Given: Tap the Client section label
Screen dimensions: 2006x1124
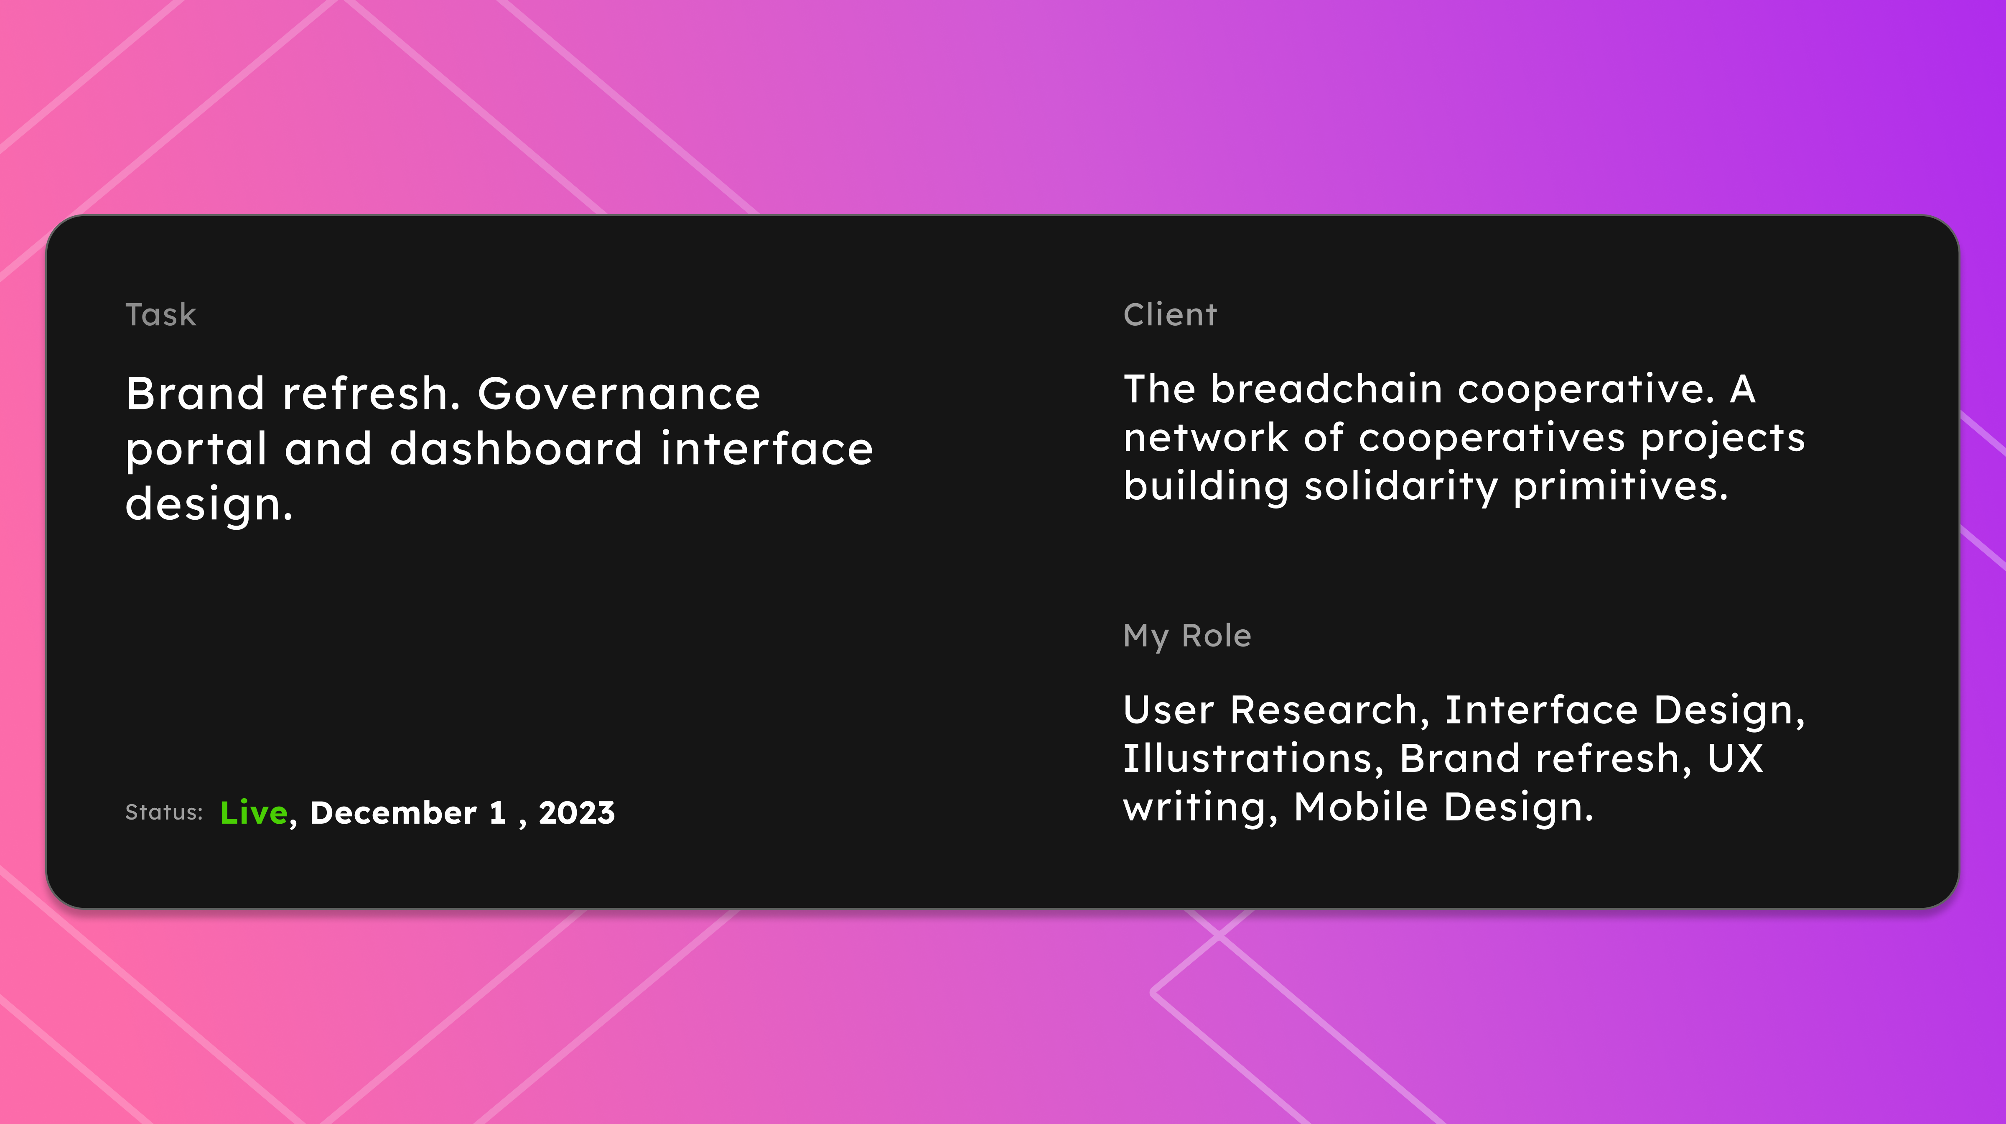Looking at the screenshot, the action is click(1170, 315).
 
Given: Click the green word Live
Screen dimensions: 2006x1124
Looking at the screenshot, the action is click(254, 812).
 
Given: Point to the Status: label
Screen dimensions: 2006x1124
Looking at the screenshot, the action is click(163, 812).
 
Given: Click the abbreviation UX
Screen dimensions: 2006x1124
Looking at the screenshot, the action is click(1735, 759).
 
